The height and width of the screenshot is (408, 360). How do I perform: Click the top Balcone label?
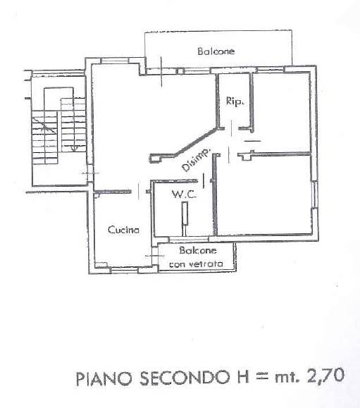216,51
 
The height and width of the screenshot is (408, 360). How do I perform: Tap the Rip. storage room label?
235,101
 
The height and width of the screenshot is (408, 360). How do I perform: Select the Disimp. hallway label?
196,160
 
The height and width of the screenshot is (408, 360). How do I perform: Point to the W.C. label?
184,194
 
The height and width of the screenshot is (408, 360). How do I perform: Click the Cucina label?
123,230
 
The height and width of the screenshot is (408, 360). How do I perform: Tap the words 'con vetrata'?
196,264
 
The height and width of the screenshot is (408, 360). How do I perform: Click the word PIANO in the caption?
104,378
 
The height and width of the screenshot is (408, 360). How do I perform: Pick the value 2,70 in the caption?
325,376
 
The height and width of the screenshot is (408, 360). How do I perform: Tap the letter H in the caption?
240,378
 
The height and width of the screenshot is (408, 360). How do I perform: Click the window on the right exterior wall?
315,194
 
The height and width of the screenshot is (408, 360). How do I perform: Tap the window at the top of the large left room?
114,61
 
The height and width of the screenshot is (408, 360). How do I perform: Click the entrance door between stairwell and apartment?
90,173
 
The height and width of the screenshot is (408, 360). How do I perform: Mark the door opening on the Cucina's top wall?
139,192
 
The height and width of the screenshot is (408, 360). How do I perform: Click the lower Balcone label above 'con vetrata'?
198,250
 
